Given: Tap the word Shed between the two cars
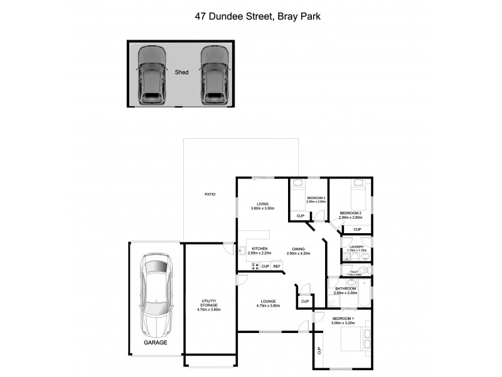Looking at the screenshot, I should click(181, 72).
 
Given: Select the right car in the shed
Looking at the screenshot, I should click(213, 75).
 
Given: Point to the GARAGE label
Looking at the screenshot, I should click(155, 343).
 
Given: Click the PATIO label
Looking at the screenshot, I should click(210, 194).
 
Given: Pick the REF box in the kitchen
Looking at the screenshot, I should click(276, 266).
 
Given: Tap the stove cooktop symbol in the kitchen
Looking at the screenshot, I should click(255, 266).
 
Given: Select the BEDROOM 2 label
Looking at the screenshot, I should click(350, 214).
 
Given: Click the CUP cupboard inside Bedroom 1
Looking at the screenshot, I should click(319, 351).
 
